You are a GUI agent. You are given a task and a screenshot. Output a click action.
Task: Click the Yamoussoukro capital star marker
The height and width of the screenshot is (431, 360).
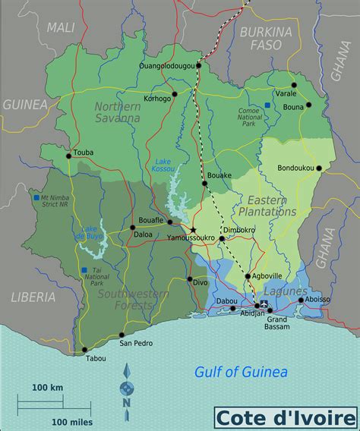click(x=193, y=230)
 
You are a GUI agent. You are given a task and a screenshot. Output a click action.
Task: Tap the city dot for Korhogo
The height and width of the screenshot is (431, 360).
click(x=174, y=95)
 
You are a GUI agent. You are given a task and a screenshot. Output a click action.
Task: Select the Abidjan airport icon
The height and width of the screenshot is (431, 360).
click(x=264, y=304)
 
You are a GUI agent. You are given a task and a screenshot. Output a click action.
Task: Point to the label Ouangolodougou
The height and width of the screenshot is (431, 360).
click(x=166, y=66)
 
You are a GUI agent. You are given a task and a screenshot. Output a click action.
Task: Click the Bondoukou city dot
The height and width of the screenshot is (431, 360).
click(x=319, y=168)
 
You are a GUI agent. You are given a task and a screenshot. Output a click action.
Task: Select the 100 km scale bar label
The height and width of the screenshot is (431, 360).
click(x=47, y=387)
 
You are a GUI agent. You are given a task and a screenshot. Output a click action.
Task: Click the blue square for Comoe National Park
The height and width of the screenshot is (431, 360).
click(x=267, y=104)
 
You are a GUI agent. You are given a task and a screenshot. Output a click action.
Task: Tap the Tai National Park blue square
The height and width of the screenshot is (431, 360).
click(x=81, y=270)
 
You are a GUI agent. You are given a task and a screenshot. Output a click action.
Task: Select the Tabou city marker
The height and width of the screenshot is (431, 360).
click(x=84, y=351)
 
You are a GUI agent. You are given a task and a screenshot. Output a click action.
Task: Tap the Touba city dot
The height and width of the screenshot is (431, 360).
click(x=68, y=156)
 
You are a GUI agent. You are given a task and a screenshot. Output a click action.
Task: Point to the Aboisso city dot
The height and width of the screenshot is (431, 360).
click(x=302, y=300)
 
